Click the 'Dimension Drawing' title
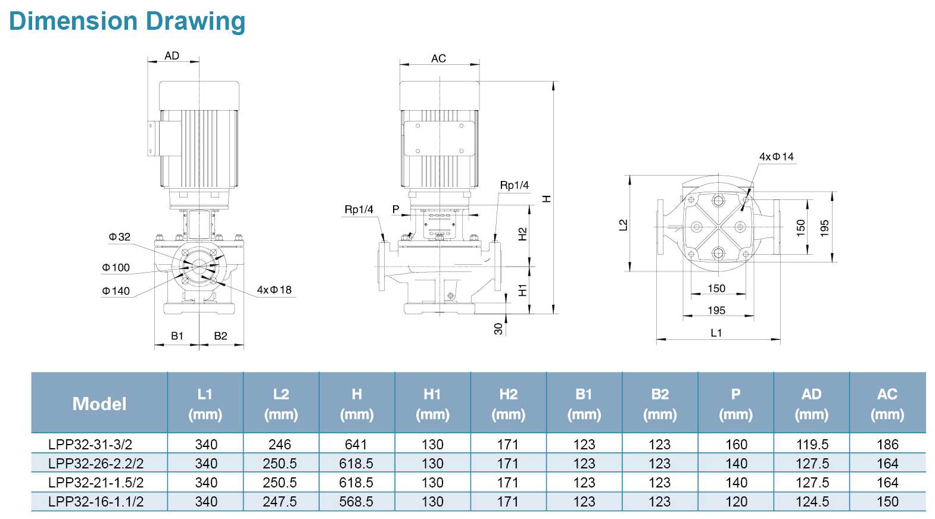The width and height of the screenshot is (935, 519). (127, 21)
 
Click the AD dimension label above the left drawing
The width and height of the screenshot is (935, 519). (172, 56)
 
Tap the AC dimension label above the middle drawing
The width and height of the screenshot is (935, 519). (438, 58)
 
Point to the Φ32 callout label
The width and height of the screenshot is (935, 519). (119, 237)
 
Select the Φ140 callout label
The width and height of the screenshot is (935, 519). (116, 291)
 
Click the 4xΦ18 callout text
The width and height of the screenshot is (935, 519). (274, 290)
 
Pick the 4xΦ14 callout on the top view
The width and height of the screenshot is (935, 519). (776, 157)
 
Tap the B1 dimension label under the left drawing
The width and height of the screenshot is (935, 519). (177, 336)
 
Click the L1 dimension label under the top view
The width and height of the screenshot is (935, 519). (716, 333)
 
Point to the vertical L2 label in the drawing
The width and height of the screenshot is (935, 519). (623, 225)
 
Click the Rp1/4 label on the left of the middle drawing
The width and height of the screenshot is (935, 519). (359, 210)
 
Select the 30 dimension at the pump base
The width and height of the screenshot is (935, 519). (498, 329)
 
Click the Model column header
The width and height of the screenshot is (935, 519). (99, 404)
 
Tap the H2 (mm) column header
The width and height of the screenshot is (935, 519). (508, 404)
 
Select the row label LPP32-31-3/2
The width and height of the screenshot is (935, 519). (91, 445)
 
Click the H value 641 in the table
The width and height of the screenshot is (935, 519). (356, 445)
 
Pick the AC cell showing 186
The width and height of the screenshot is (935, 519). (887, 445)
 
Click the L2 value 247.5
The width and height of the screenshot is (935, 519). (280, 502)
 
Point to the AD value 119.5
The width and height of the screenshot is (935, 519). (812, 445)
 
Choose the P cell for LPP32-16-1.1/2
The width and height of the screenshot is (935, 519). (736, 502)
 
